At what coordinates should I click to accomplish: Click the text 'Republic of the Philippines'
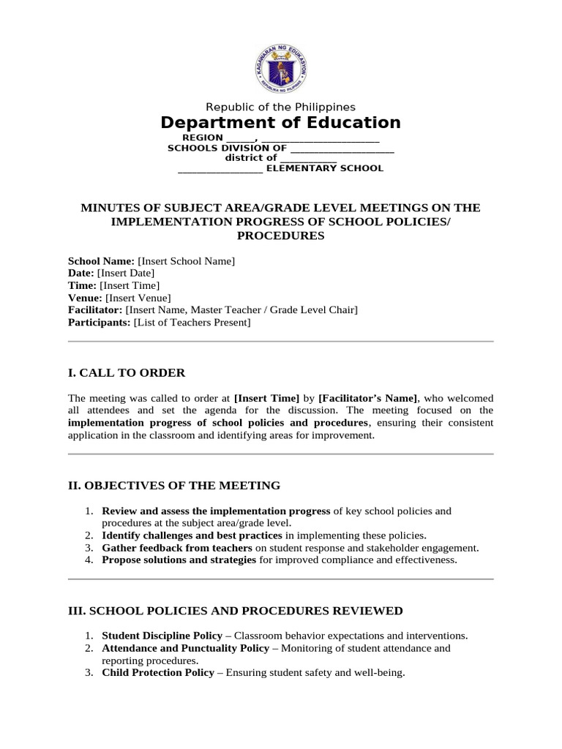tap(280, 107)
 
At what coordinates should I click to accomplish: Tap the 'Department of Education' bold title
tap(280, 123)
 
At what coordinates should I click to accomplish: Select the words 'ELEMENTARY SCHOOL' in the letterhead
tap(323, 168)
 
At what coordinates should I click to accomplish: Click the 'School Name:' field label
tap(101, 261)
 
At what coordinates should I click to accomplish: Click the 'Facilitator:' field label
tap(95, 311)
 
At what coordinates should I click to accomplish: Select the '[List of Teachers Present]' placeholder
tap(192, 323)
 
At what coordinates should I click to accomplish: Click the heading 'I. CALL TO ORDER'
tap(127, 373)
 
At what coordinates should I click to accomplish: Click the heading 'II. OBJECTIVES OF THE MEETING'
tap(173, 486)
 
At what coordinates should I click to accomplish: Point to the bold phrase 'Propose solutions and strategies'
tap(179, 560)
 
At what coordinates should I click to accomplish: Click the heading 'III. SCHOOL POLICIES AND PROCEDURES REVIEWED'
tap(235, 611)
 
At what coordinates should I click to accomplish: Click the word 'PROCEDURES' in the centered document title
tap(280, 236)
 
